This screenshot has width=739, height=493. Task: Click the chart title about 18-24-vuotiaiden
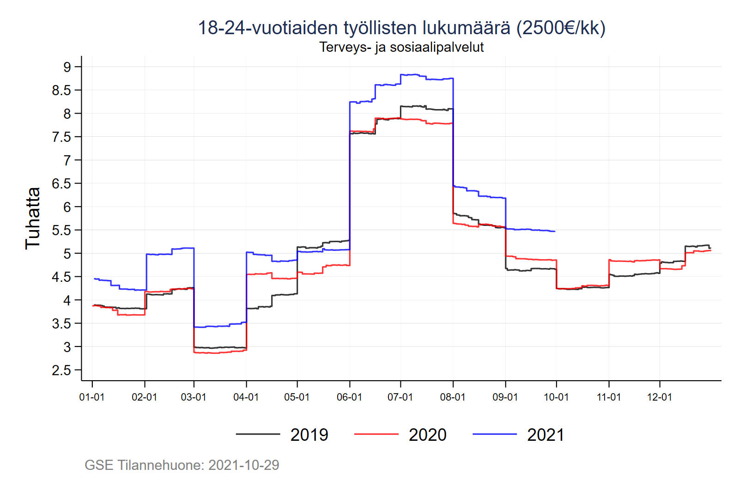click(401, 28)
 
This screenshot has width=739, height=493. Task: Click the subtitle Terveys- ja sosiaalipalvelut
click(401, 47)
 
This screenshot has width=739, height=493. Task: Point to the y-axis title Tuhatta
click(33, 218)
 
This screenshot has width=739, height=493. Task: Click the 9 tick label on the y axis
click(67, 67)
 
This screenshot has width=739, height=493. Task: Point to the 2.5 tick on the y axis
click(61, 370)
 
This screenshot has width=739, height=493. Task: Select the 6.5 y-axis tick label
click(61, 183)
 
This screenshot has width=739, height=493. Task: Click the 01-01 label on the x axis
click(92, 397)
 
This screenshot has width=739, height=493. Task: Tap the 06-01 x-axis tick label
click(349, 397)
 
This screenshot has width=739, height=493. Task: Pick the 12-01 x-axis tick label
click(659, 397)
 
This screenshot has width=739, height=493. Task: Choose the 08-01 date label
click(453, 397)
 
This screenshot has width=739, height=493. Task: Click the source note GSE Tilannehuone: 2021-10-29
click(182, 465)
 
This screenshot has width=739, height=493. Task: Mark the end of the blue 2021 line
click(555, 231)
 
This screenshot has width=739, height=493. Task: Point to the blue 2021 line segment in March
click(217, 326)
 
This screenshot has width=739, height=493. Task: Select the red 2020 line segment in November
click(633, 261)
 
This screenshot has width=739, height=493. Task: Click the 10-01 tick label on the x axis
click(556, 397)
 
